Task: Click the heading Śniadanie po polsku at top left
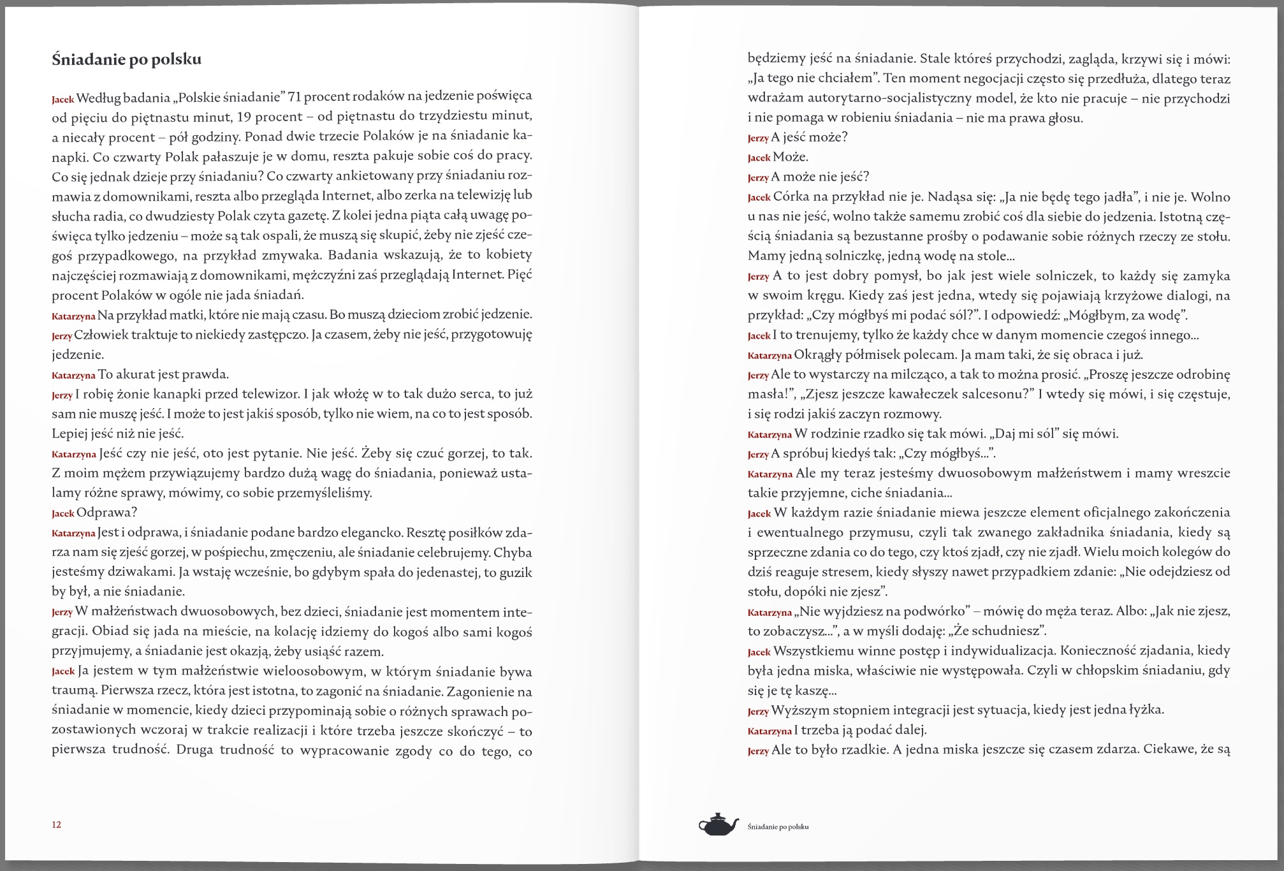(x=126, y=59)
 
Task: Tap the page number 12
(x=56, y=824)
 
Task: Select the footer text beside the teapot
(x=778, y=827)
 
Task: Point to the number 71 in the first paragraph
(x=295, y=96)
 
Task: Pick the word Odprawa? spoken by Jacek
(x=106, y=513)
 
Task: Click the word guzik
(x=514, y=572)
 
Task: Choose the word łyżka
(x=1146, y=710)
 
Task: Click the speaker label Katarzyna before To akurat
(x=73, y=376)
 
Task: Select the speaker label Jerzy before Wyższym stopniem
(x=758, y=712)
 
